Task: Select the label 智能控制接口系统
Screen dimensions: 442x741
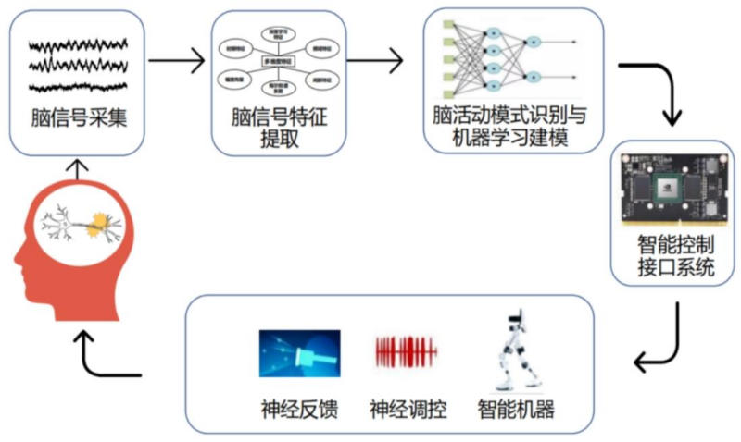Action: pos(672,258)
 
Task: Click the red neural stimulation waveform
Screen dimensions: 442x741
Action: pos(404,352)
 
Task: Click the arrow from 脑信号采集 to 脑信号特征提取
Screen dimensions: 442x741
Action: pos(176,63)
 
